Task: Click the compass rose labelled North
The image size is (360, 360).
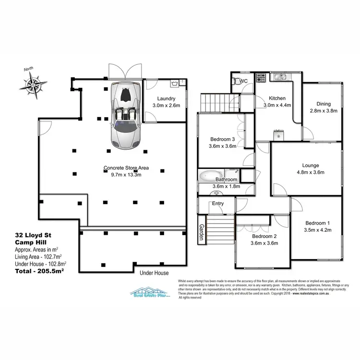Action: pos(33,85)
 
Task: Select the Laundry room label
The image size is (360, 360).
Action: pos(166,98)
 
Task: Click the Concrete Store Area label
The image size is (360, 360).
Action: pos(126,168)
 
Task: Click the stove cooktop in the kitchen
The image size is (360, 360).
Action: pos(261,77)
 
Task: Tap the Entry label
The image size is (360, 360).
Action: pos(218,204)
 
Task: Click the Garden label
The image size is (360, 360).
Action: pos(202,233)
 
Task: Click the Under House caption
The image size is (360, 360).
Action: pos(154,273)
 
